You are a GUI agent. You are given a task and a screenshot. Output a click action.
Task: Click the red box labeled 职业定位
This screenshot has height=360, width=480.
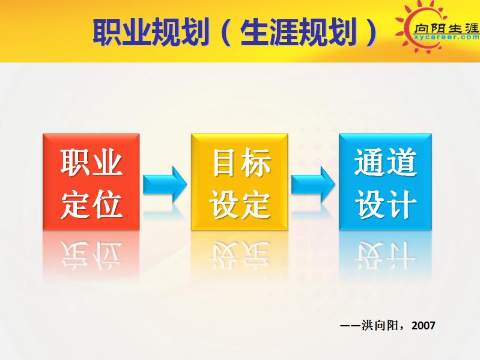[91, 182]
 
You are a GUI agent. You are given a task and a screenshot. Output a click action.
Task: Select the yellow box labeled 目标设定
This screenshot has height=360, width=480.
[239, 182]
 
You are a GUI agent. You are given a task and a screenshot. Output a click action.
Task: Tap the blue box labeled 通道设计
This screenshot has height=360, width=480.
[385, 182]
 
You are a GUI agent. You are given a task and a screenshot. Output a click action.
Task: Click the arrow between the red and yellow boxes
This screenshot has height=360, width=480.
[165, 184]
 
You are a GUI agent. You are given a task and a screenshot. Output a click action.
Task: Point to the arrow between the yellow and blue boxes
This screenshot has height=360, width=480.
[313, 184]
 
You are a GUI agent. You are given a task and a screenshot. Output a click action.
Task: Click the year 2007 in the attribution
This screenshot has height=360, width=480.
[424, 325]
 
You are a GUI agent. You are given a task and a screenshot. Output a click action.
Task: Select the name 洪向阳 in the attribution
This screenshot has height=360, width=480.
[384, 325]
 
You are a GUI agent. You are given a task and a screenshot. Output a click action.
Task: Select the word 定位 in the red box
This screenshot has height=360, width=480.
[91, 204]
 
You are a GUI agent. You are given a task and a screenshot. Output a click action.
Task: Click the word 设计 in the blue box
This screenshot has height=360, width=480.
[385, 204]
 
